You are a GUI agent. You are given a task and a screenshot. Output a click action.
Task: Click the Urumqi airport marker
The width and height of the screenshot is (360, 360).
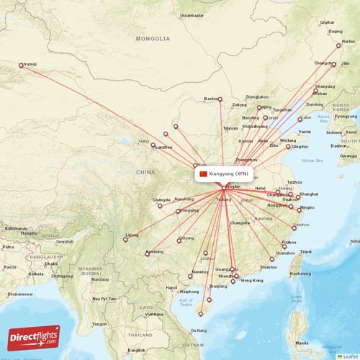tap(22, 66)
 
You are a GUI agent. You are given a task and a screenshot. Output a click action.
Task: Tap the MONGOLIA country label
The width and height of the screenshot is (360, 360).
tap(156, 39)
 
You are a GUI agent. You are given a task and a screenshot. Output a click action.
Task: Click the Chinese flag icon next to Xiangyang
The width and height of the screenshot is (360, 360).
tap(203, 174)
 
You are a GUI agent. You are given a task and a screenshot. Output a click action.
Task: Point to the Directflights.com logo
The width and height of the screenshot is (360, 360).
tap(34, 337)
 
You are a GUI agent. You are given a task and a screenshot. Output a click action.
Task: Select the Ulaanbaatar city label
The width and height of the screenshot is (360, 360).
tap(192, 14)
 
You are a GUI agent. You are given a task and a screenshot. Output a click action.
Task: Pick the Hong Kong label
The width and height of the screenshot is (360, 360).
tap(252, 280)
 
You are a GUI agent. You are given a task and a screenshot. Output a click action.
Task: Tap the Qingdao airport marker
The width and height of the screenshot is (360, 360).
tap(288, 147)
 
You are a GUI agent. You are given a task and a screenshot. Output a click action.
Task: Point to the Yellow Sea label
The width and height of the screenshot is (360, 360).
tap(312, 160)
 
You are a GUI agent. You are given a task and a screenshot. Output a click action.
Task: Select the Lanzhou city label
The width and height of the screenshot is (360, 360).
tap(163, 148)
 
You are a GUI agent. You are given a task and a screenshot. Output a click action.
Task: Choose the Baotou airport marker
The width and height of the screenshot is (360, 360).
tap(220, 99)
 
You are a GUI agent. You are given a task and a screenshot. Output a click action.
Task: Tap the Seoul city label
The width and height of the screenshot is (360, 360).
tap(351, 131)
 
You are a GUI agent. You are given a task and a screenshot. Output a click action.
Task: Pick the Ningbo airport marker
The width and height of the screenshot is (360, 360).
tap(300, 209)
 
